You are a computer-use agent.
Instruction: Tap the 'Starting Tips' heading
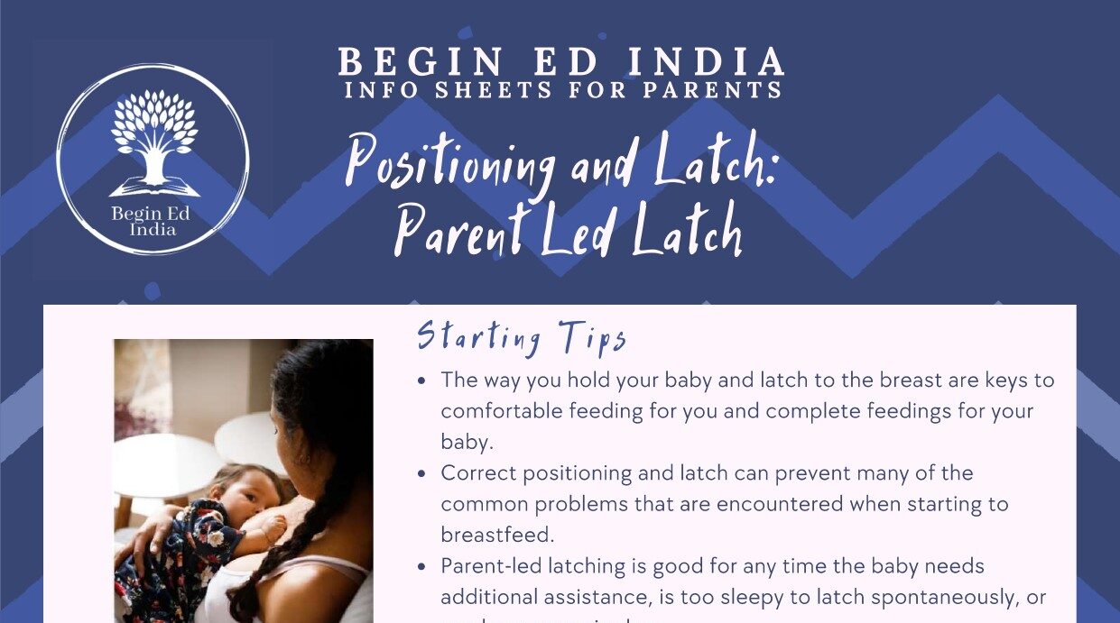click(521, 338)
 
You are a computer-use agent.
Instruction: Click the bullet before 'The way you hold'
click(421, 381)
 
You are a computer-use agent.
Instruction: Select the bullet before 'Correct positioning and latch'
click(421, 474)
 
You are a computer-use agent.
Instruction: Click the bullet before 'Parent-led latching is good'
click(421, 567)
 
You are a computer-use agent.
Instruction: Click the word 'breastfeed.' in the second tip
click(496, 535)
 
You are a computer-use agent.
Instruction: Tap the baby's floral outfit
click(180, 550)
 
